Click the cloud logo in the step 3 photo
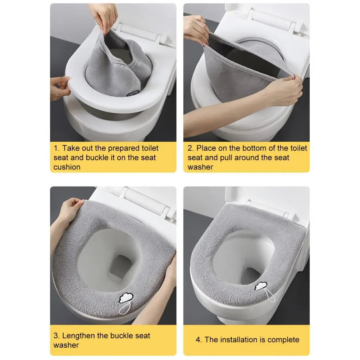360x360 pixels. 126,298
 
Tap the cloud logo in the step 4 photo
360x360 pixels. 261,286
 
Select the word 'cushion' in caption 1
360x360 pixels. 67,167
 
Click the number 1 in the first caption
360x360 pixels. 56,148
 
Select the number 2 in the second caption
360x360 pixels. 191,148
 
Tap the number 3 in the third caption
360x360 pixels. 56,336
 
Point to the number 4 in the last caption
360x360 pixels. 199,340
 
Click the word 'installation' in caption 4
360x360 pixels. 238,340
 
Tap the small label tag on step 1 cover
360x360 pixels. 133,94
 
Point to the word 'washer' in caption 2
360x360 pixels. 200,167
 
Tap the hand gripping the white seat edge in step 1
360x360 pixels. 60,88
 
